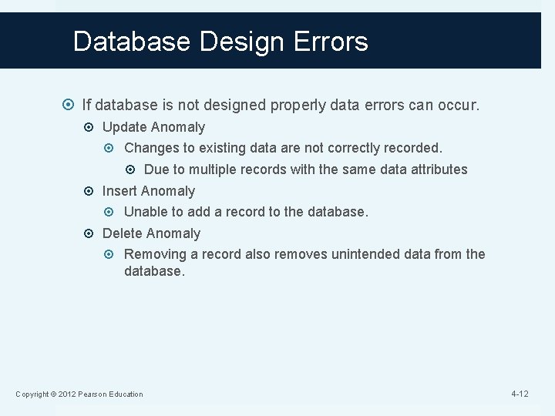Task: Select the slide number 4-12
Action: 520,394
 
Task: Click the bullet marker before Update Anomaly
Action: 92,127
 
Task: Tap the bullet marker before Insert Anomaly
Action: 92,191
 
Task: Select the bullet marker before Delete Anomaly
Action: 92,233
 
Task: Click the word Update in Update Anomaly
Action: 123,127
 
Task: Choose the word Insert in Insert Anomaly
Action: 119,191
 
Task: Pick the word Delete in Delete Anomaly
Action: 122,233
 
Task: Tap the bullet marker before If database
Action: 71,104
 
